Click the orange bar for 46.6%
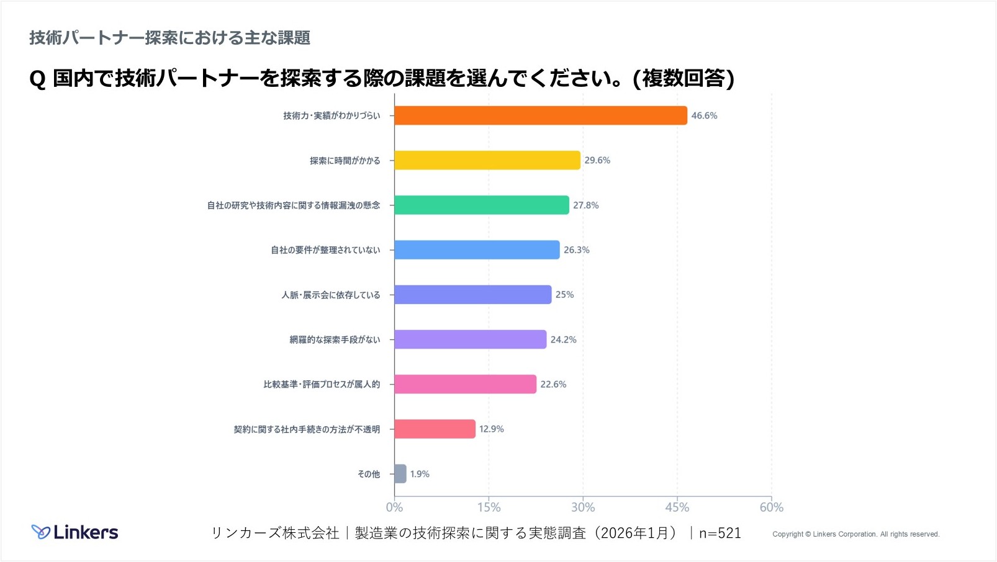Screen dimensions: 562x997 pos(540,115)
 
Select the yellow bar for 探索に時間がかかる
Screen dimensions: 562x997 pos(487,160)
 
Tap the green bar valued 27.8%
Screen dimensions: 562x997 pos(481,205)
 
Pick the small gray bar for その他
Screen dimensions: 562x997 pos(400,474)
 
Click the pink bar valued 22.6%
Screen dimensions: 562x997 pos(465,384)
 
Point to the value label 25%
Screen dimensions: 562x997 pos(564,295)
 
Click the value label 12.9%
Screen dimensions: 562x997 pos(491,429)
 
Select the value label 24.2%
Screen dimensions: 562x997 pos(563,339)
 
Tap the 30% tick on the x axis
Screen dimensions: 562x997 pos(583,507)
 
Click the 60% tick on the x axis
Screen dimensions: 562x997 pos(771,507)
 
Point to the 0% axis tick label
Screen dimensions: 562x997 pos(394,507)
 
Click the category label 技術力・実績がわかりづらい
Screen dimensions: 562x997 pos(332,116)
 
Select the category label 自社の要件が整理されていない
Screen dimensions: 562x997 pos(325,250)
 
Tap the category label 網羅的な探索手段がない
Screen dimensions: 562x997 pos(335,340)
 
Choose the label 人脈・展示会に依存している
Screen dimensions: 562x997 pos(330,295)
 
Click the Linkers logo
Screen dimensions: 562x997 pos(75,532)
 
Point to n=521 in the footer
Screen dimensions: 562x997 pos(720,533)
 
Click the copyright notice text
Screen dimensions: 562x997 pos(855,534)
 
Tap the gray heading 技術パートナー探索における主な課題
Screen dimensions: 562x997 pos(169,38)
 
